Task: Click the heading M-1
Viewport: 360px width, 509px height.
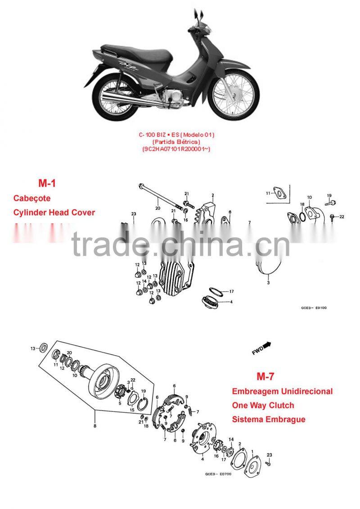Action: [47, 183]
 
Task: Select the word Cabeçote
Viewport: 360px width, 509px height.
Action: [32, 198]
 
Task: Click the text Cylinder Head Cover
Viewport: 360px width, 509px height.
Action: [54, 212]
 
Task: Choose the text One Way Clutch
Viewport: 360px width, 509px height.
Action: [263, 405]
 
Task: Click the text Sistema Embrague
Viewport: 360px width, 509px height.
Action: [268, 420]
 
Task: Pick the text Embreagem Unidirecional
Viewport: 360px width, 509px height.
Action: [282, 391]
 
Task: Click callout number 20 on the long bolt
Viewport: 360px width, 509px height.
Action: [157, 208]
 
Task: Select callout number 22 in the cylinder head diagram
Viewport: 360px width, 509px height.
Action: [342, 217]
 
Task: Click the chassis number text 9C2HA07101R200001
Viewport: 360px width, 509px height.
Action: [176, 149]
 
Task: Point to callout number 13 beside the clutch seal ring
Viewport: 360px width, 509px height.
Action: [32, 348]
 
